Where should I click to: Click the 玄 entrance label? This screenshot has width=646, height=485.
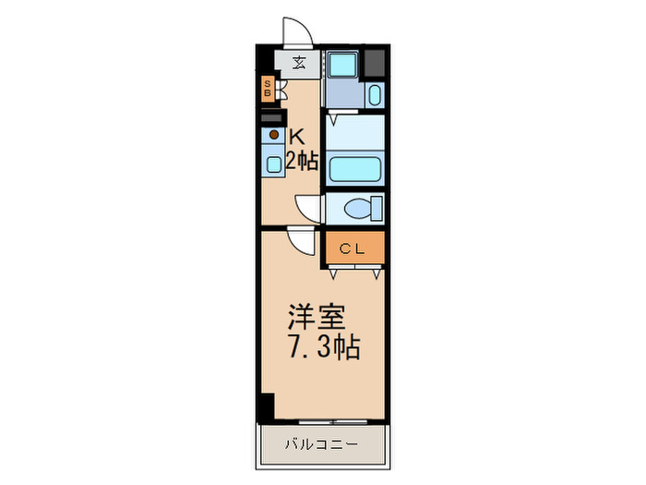(300, 63)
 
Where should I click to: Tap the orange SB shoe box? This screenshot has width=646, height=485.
(268, 90)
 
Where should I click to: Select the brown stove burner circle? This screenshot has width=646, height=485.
(273, 136)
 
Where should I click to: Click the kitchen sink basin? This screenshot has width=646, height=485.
(274, 164)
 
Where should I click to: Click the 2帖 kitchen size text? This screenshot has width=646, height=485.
(302, 161)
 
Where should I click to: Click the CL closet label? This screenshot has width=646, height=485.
(352, 248)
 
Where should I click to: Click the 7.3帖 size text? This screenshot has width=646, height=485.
(322, 349)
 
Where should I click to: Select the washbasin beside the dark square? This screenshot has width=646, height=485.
(373, 94)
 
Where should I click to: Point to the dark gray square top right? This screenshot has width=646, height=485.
(374, 63)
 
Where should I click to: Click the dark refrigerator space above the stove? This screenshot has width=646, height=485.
(272, 117)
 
